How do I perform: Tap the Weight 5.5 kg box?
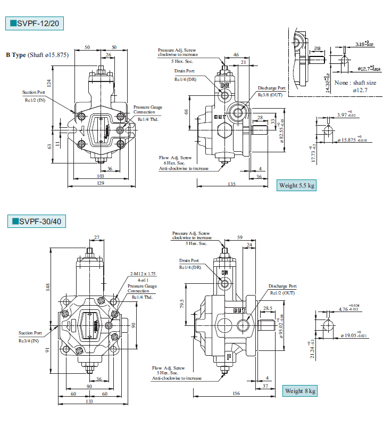(297, 185)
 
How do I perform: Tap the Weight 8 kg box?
(300, 391)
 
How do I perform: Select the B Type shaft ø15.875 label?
(37, 55)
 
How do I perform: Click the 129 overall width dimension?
(99, 183)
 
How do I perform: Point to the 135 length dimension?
(231, 184)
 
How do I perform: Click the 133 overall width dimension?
(89, 402)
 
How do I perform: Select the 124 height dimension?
(48, 83)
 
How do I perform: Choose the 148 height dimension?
(48, 288)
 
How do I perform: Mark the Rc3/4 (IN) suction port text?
(29, 340)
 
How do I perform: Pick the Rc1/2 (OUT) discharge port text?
(282, 293)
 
